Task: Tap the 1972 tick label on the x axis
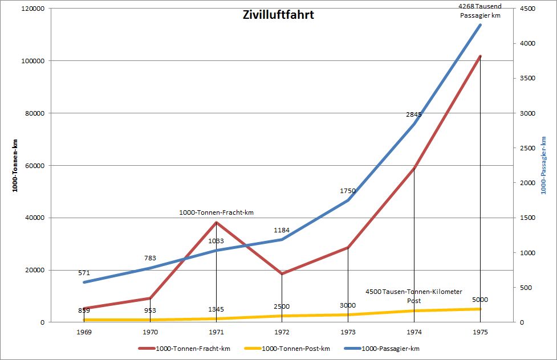click(x=282, y=331)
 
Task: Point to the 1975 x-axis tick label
click(x=480, y=331)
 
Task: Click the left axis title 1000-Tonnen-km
click(x=15, y=165)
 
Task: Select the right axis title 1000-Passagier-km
click(x=544, y=165)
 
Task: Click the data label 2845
click(x=413, y=114)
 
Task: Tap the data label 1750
click(x=347, y=191)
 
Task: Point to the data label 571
click(x=84, y=273)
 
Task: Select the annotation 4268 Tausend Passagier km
click(x=480, y=11)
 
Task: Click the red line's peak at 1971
click(x=216, y=222)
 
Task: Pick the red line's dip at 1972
click(x=282, y=273)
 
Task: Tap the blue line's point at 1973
click(x=348, y=201)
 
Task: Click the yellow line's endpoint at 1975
click(x=480, y=309)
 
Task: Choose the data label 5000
click(x=480, y=300)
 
